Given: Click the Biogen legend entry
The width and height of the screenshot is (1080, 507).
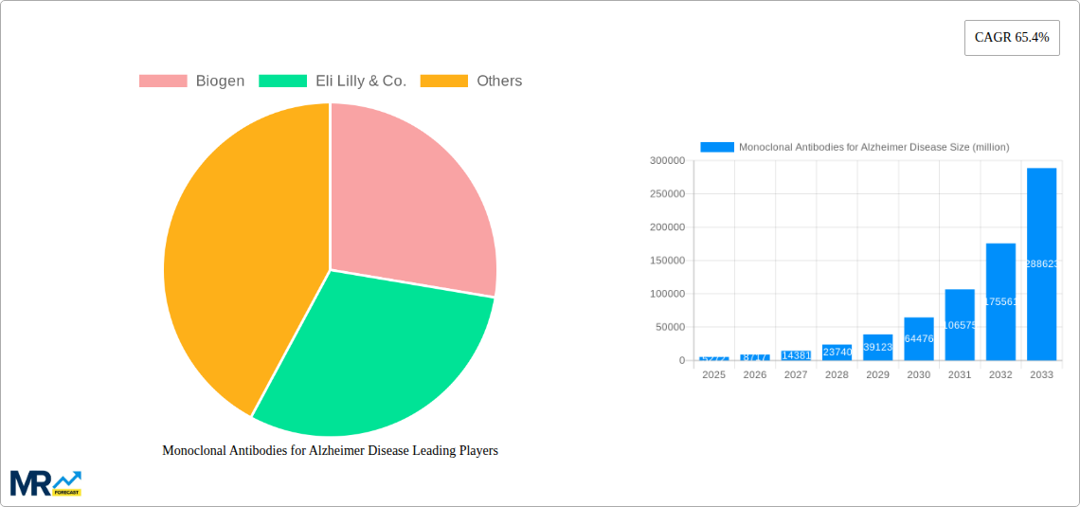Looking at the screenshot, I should pyautogui.click(x=192, y=81).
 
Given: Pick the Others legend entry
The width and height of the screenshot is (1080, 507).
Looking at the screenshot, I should pyautogui.click(x=472, y=81).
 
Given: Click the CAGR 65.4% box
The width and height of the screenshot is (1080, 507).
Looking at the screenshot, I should pyautogui.click(x=1012, y=38).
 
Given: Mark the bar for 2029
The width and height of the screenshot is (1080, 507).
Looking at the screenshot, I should pyautogui.click(x=877, y=348).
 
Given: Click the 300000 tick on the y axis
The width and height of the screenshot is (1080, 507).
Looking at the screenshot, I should pyautogui.click(x=667, y=161).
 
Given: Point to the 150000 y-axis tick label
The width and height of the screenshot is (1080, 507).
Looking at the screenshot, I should pyautogui.click(x=667, y=261).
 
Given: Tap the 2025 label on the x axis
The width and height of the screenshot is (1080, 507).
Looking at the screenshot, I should pyautogui.click(x=713, y=375).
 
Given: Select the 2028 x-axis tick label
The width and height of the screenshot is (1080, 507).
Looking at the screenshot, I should pyautogui.click(x=837, y=375).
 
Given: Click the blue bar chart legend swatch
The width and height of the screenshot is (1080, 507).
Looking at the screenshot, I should pyautogui.click(x=717, y=147).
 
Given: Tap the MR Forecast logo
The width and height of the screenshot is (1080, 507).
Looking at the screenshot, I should pyautogui.click(x=45, y=483).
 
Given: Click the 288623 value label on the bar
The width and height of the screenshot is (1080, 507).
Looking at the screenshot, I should pyautogui.click(x=1041, y=264).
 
